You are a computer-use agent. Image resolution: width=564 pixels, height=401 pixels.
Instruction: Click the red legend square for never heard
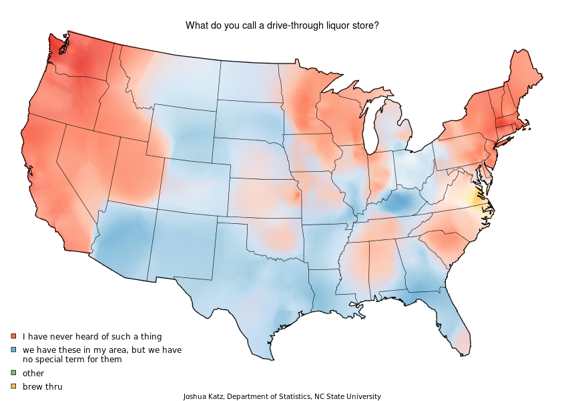click(13, 336)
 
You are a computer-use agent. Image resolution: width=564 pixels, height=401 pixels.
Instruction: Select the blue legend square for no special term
click(13, 350)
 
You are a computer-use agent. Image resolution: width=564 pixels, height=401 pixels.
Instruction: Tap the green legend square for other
click(13, 373)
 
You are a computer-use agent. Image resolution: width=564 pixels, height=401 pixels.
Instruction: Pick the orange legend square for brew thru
click(13, 386)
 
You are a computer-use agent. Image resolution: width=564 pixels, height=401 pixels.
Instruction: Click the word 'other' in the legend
click(33, 373)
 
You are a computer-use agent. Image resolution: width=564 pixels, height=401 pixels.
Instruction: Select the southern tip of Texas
click(270, 357)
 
